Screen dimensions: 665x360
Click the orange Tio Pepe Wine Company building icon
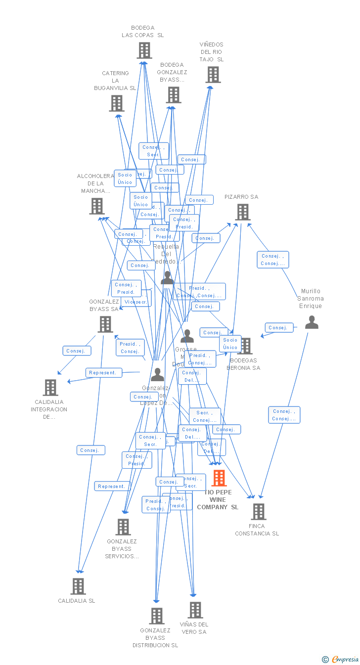219,478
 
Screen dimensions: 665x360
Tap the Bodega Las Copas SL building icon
144,50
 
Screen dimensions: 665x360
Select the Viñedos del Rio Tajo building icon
213,75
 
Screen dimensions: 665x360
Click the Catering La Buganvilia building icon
117,103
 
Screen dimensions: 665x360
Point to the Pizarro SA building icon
242,212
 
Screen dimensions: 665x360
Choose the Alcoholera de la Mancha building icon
97,206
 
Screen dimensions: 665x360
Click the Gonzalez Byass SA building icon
105,324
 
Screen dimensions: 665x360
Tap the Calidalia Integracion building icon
50,388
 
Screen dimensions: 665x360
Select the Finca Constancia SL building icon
258,512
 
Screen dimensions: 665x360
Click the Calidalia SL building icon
78,586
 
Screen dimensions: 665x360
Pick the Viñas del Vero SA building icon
195,610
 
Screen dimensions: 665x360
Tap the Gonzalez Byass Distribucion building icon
157,616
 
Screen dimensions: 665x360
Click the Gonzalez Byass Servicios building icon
123,527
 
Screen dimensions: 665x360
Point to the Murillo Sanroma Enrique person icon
312,322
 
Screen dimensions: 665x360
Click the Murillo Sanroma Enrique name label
311,299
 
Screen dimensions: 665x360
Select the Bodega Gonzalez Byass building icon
174,95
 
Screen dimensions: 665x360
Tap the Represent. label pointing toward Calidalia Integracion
103,373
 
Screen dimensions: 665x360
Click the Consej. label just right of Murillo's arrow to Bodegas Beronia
279,327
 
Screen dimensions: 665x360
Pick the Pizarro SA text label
241,197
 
